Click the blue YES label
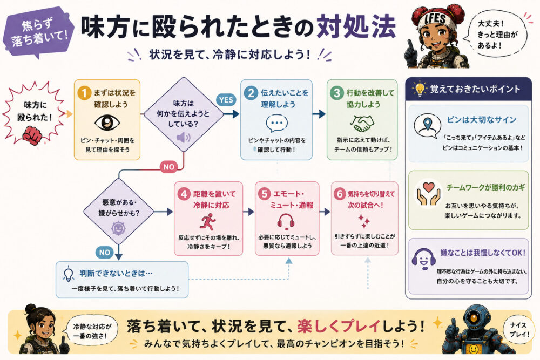[x=226, y=100]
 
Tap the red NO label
[x=168, y=167]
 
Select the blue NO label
[x=105, y=252]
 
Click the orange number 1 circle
[x=84, y=93]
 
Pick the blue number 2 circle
[x=251, y=93]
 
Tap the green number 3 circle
[x=337, y=93]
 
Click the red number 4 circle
[x=184, y=194]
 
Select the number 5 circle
[x=265, y=194]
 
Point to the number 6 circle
[x=340, y=194]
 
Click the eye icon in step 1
[x=107, y=123]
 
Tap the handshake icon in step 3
[x=362, y=123]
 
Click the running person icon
[x=208, y=222]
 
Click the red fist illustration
[x=32, y=134]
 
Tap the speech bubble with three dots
[x=276, y=123]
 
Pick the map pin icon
[x=427, y=124]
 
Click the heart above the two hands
[x=428, y=187]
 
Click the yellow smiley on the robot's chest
[x=474, y=349]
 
